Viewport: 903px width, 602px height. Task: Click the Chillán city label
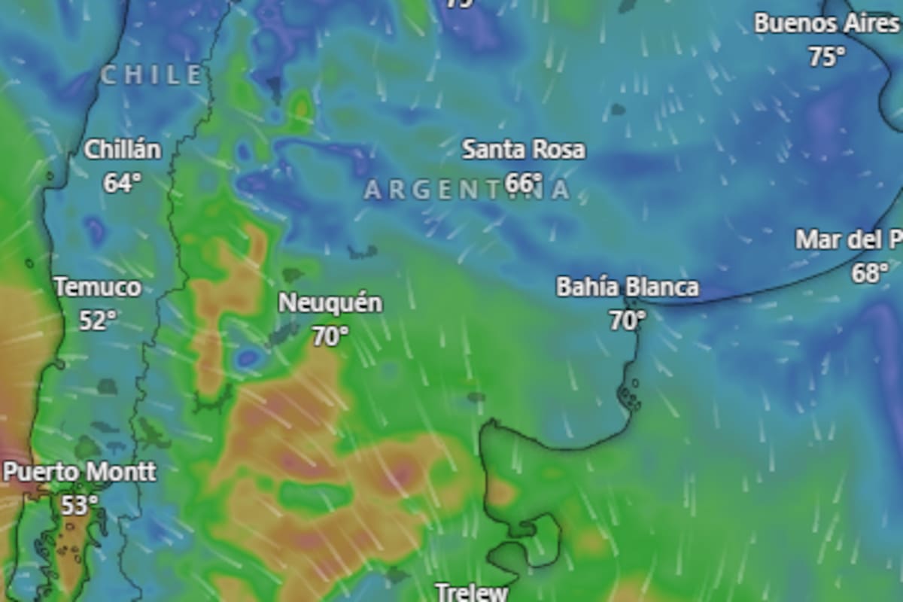[x=123, y=150]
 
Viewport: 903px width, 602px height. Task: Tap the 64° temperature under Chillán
[x=123, y=183]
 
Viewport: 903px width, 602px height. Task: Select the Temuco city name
[x=98, y=287]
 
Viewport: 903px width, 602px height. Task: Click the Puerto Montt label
[x=80, y=473]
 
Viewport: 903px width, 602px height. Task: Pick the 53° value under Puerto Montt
[x=80, y=505]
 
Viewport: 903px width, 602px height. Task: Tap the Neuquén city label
[x=330, y=303]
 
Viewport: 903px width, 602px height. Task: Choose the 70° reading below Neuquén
[x=330, y=336]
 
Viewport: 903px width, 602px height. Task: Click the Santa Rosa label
[x=523, y=150]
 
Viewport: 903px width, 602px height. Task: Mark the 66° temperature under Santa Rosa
[x=524, y=183]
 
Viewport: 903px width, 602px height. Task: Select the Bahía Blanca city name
[x=627, y=287]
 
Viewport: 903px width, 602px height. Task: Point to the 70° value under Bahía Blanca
[x=627, y=321]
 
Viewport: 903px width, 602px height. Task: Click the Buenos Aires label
[x=826, y=23]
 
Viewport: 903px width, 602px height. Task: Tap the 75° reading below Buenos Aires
[x=826, y=56]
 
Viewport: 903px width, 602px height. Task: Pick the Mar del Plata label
[x=849, y=240]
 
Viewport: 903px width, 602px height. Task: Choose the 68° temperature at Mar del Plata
[x=870, y=273]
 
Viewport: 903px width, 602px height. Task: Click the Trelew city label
[x=472, y=592]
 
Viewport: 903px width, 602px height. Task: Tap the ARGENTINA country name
[x=467, y=190]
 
